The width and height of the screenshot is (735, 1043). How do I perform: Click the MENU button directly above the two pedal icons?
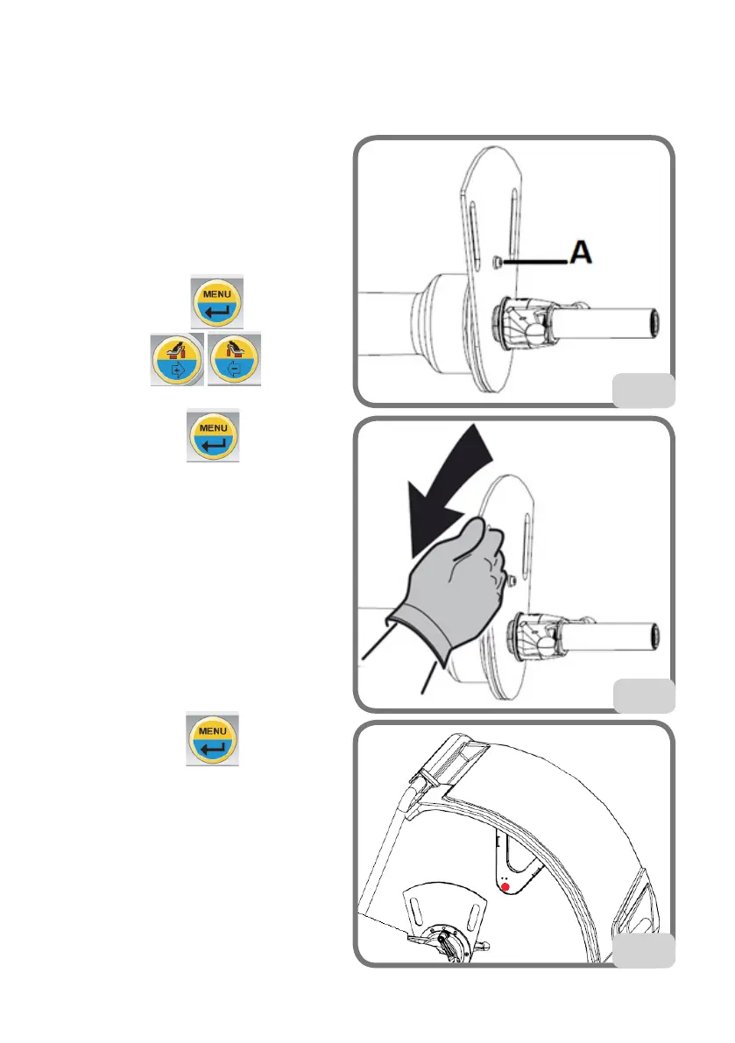click(217, 300)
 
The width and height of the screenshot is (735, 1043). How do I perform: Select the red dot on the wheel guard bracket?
click(505, 887)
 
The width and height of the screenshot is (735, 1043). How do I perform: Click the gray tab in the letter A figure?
click(642, 391)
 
